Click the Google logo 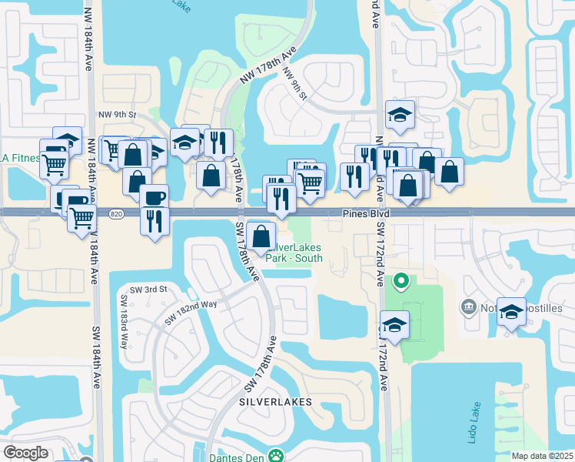pyautogui.click(x=25, y=453)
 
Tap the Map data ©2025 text pyautogui.click(x=542, y=456)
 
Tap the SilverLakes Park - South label pyautogui.click(x=294, y=253)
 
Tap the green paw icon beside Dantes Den pyautogui.click(x=275, y=456)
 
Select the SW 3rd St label pyautogui.click(x=148, y=289)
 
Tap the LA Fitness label pyautogui.click(x=20, y=158)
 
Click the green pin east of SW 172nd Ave pyautogui.click(x=401, y=281)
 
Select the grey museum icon pyautogui.click(x=467, y=309)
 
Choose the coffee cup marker pyautogui.click(x=154, y=196)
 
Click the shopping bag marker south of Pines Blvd pyautogui.click(x=261, y=235)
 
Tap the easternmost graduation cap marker pyautogui.click(x=511, y=310)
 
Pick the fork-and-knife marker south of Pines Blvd pyautogui.click(x=155, y=220)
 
